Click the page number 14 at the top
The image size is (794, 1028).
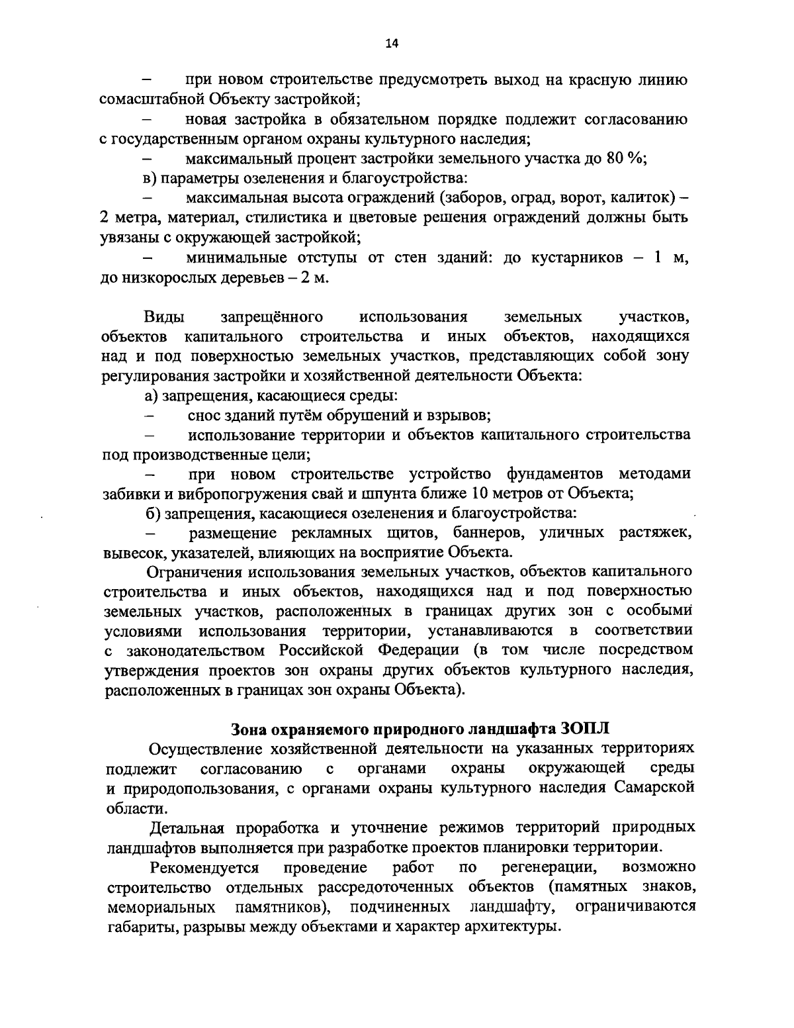click(x=392, y=44)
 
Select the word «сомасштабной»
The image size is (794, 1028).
click(x=152, y=100)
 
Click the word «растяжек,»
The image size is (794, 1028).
click(x=655, y=532)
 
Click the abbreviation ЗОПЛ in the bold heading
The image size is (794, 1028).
click(x=582, y=729)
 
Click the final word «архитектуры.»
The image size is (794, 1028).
click(x=507, y=925)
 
